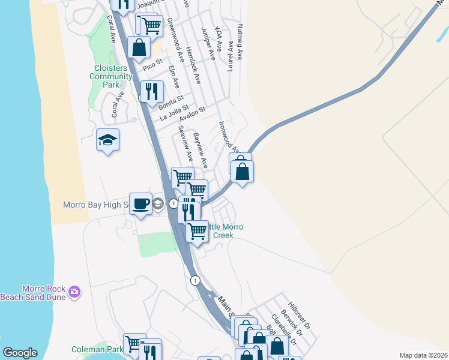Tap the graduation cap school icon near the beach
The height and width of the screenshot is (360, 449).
[x=107, y=140]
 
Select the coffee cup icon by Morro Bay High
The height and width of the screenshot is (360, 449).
[x=141, y=203]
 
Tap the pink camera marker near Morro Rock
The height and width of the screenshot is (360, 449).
[x=74, y=292]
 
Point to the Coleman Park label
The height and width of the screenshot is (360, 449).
[x=97, y=349]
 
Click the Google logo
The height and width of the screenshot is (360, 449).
[x=20, y=353]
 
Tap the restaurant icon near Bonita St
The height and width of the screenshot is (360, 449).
[x=152, y=91]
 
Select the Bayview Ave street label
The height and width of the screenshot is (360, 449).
[x=200, y=150]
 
